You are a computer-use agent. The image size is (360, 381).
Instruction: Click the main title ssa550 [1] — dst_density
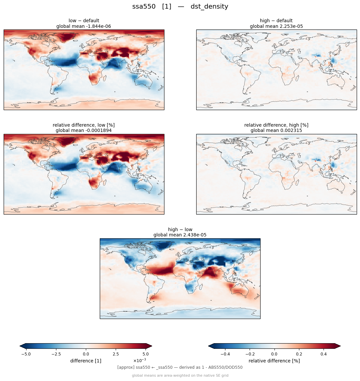coord(180,7)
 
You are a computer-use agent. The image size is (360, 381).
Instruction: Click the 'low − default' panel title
coord(84,21)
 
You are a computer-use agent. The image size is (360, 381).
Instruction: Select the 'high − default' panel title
coord(276,21)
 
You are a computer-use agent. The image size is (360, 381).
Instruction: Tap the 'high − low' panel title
coord(180,229)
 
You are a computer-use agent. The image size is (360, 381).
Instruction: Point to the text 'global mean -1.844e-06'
coord(84,26)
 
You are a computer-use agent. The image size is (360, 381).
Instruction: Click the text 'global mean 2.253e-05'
coord(276,26)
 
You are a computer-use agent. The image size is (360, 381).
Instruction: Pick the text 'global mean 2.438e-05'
coord(180,235)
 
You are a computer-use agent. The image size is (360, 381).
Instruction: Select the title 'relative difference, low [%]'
coord(84,125)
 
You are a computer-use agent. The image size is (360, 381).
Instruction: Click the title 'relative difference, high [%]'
coord(276,125)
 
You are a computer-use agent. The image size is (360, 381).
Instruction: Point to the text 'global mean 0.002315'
coord(276,131)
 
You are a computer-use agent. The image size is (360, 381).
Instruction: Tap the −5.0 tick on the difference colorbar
coord(26,354)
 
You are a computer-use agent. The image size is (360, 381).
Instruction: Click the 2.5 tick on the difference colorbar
coord(116,354)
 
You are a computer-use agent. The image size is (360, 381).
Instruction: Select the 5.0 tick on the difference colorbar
coord(146,354)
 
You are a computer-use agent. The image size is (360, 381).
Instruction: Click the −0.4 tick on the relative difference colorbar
coord(225,354)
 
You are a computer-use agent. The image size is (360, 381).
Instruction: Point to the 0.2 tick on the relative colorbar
coord(299,354)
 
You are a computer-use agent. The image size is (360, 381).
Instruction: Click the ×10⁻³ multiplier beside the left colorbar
coord(140,360)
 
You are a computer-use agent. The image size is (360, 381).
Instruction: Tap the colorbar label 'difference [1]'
coord(86,361)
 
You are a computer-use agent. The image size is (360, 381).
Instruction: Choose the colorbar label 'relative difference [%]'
coord(274,361)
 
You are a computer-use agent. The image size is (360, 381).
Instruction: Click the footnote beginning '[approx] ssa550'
coord(180,367)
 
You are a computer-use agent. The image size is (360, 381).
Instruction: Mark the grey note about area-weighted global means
coord(180,375)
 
